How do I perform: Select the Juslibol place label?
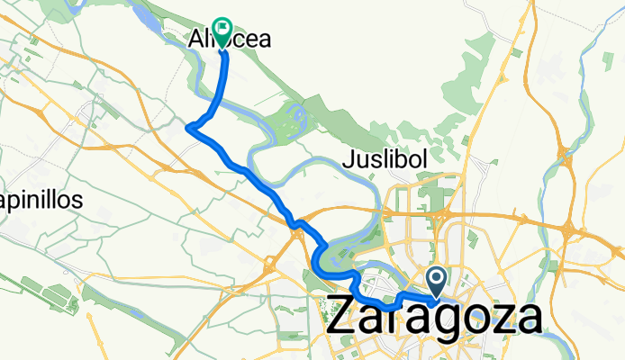pos(386,161)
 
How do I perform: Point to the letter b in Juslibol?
pos(404,161)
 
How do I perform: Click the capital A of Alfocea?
pos(196,40)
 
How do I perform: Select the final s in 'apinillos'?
pos(78,200)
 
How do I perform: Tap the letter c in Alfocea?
pos(240,40)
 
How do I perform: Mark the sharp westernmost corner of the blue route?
pos(187,129)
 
